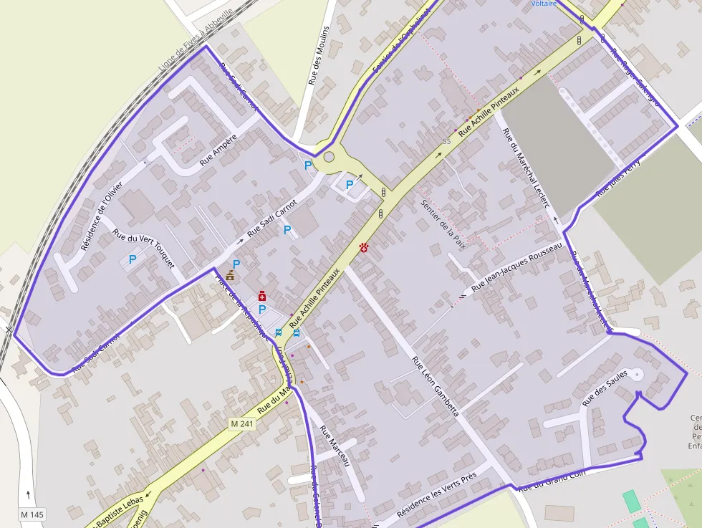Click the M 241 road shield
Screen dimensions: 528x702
pyautogui.click(x=242, y=424)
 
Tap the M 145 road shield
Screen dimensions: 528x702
pyautogui.click(x=32, y=514)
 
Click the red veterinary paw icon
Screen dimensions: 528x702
pyautogui.click(x=365, y=247)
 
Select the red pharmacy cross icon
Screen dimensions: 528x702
pyautogui.click(x=262, y=295)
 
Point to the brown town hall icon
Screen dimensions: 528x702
pyautogui.click(x=230, y=275)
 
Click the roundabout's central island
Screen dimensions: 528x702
pyautogui.click(x=329, y=157)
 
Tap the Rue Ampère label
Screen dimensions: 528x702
pyautogui.click(x=218, y=150)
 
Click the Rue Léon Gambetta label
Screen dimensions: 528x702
pyautogui.click(x=435, y=385)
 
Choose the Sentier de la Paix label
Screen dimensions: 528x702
pyautogui.click(x=444, y=224)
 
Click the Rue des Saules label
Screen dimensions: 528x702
pyautogui.click(x=605, y=388)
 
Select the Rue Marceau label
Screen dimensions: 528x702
pyautogui.click(x=334, y=446)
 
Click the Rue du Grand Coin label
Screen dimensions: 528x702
pyautogui.click(x=552, y=480)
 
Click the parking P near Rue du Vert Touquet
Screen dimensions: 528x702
pyautogui.click(x=132, y=259)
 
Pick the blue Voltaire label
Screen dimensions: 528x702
pyautogui.click(x=544, y=4)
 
